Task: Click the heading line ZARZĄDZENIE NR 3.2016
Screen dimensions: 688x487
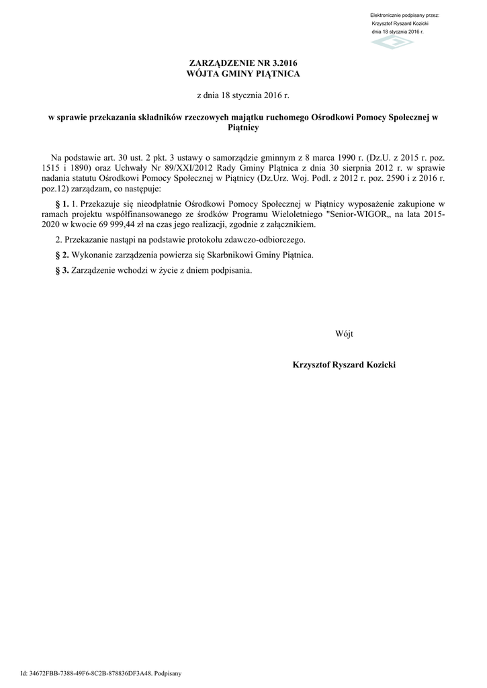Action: (243, 62)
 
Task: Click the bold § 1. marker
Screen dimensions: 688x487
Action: (62, 203)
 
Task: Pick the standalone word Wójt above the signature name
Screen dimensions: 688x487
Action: (344, 334)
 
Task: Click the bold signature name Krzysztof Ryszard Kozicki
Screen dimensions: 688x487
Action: (344, 365)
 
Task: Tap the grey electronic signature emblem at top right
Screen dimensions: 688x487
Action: (394, 42)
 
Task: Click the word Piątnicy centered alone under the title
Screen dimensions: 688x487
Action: (243, 126)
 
